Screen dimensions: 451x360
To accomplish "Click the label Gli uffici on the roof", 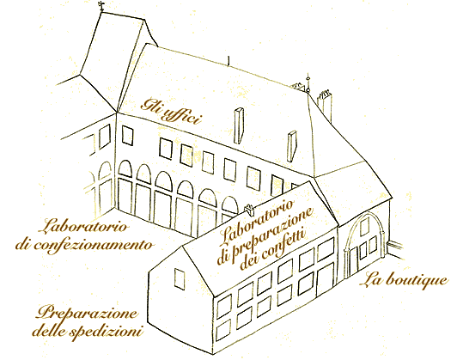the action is (171, 112).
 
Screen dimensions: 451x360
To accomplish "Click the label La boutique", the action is (404, 280).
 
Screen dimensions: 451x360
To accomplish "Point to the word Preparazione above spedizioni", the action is (86, 313).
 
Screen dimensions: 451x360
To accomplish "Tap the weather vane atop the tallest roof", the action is (101, 6).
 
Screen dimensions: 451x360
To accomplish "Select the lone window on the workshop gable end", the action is (180, 278).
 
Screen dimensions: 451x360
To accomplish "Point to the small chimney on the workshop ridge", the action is (249, 211).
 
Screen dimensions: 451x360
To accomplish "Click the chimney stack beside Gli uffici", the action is (239, 125).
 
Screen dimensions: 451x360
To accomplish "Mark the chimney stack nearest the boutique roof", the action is (292, 146).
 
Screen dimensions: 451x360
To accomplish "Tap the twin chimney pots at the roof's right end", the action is (325, 106).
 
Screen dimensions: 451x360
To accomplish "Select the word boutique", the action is (417, 281).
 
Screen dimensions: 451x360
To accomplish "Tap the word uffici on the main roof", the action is (181, 117).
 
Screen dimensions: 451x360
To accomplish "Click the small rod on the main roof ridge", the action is (229, 61).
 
